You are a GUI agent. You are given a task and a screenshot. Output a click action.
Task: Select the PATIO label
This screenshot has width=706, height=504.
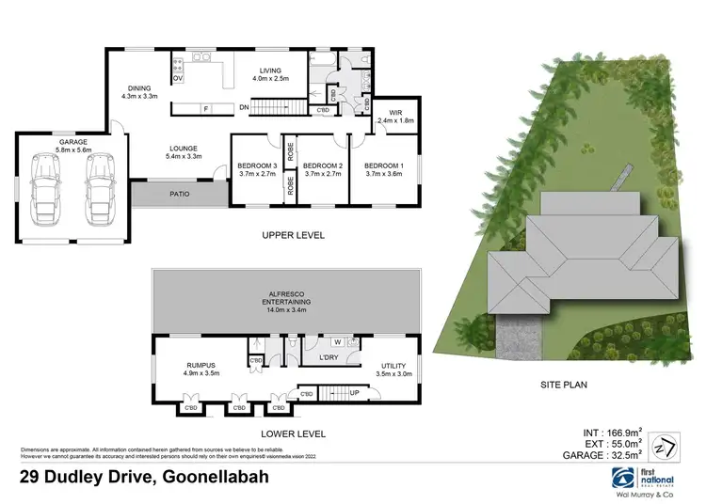(x=170, y=196)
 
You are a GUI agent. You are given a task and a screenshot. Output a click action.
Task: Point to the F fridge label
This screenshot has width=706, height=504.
(x=205, y=109)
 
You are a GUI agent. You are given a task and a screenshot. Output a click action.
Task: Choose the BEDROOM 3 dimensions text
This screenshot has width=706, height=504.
(x=256, y=173)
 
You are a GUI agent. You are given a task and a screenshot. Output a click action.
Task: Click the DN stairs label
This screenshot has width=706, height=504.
(x=245, y=108)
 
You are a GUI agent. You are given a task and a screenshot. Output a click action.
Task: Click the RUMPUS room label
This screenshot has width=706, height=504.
(x=176, y=366)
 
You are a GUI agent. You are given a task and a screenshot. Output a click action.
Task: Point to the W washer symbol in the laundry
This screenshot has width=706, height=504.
(x=334, y=342)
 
